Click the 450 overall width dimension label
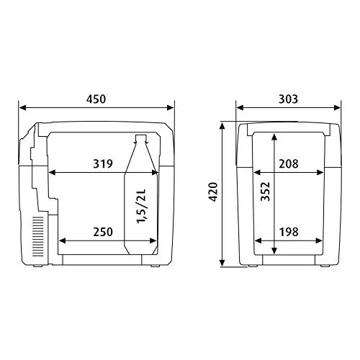point(96,99)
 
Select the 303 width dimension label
point(288,99)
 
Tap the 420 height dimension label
point(213,192)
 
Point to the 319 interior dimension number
point(103,163)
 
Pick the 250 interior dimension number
point(103,232)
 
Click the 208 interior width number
point(289,163)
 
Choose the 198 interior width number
point(289,232)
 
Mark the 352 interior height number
point(266,192)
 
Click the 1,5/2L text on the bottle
point(141,207)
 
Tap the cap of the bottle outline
point(141,138)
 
